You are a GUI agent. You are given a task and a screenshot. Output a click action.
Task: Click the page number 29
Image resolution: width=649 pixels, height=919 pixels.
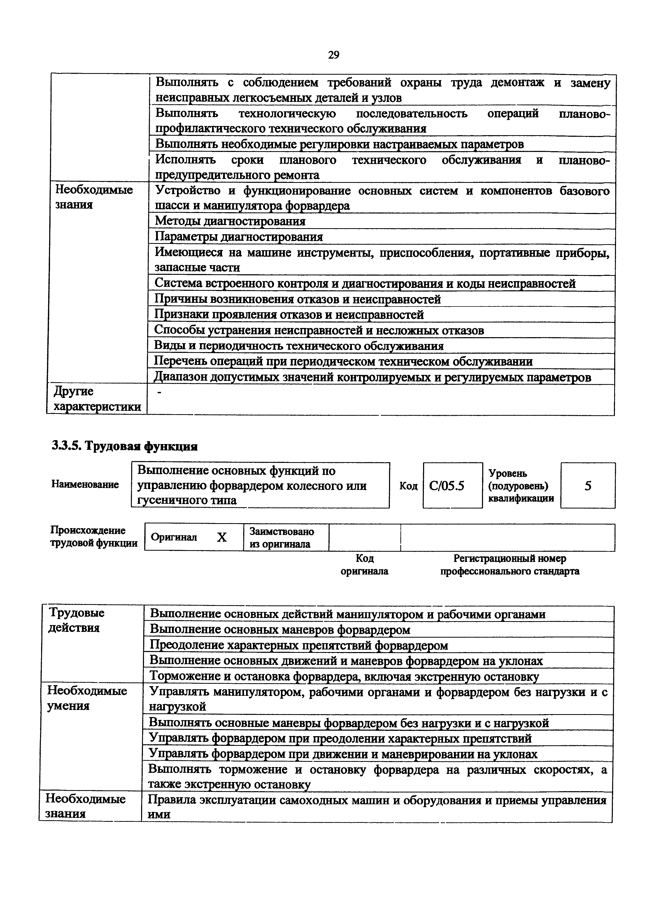pyautogui.click(x=333, y=55)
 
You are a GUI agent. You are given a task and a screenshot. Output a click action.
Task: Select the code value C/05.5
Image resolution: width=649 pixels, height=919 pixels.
pyautogui.click(x=447, y=486)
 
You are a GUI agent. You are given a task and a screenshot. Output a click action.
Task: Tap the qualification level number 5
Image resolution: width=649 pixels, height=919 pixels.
pyautogui.click(x=587, y=486)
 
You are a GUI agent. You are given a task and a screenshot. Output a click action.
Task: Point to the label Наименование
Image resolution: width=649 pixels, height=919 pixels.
pyautogui.click(x=85, y=484)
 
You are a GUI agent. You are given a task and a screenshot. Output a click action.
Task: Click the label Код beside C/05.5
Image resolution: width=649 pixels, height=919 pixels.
pyautogui.click(x=408, y=486)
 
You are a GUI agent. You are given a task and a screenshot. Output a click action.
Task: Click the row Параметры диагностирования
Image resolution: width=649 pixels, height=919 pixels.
pyautogui.click(x=239, y=237)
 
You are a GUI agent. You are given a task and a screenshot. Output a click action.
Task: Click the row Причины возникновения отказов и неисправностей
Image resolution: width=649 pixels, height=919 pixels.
pyautogui.click(x=297, y=299)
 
